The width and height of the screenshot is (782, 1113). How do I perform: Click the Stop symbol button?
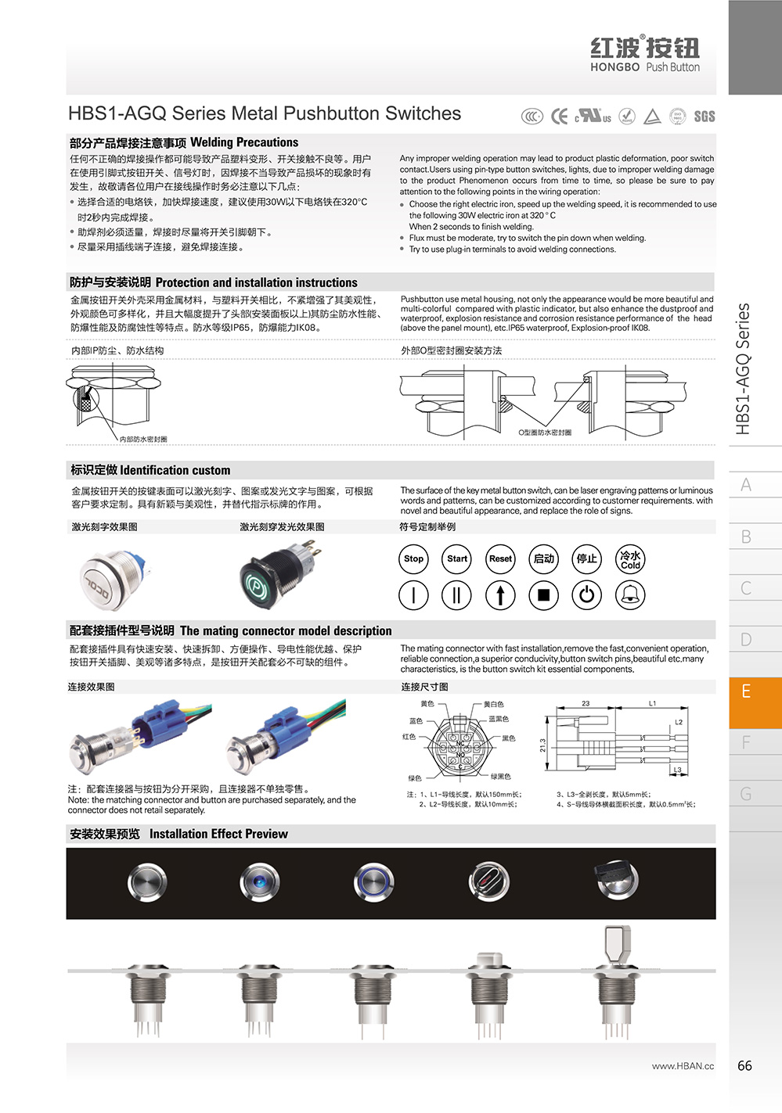point(413,558)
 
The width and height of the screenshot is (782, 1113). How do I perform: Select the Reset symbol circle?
point(500,558)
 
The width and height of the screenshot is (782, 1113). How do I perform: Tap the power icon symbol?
point(586,595)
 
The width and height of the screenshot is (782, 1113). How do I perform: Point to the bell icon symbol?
point(630,595)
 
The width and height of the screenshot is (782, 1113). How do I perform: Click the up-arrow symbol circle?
point(500,595)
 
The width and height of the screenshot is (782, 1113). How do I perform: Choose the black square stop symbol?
point(543,595)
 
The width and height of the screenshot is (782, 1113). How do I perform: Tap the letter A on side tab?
point(746,485)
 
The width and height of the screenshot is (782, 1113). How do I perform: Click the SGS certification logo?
point(704,117)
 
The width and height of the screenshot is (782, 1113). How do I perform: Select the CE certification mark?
point(560,117)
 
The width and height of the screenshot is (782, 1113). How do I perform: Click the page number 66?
point(744,1065)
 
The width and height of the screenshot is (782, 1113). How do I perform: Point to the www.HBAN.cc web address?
point(683,1066)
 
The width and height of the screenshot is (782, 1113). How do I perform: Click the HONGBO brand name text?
point(614,67)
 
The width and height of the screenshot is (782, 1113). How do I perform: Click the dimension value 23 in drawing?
point(586,703)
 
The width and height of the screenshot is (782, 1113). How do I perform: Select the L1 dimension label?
point(652,703)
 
